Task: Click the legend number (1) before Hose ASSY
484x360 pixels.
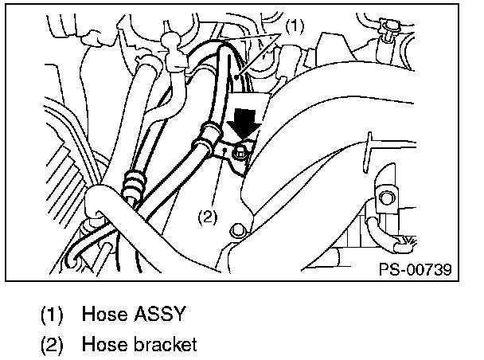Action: [x=53, y=314]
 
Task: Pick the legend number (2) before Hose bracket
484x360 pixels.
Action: [x=53, y=345]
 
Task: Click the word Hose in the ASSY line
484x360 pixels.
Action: [x=101, y=314]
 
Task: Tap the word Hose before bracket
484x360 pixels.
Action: [x=101, y=345]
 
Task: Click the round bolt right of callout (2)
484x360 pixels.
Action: [x=236, y=231]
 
